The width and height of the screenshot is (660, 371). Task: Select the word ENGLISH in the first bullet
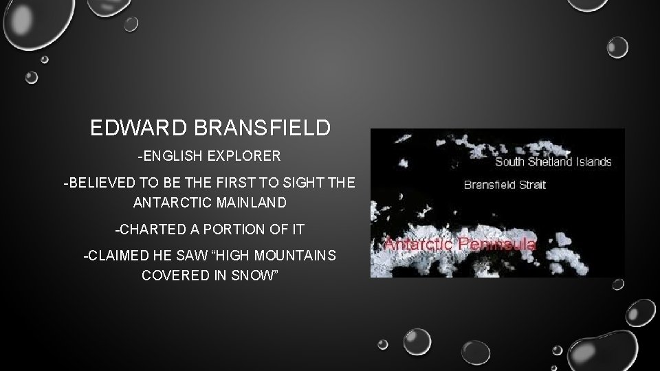click(x=172, y=157)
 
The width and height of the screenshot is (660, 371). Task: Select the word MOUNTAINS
click(x=297, y=256)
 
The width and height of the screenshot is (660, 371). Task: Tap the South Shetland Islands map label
click(x=553, y=162)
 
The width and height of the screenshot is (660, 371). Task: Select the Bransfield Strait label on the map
click(x=505, y=185)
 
